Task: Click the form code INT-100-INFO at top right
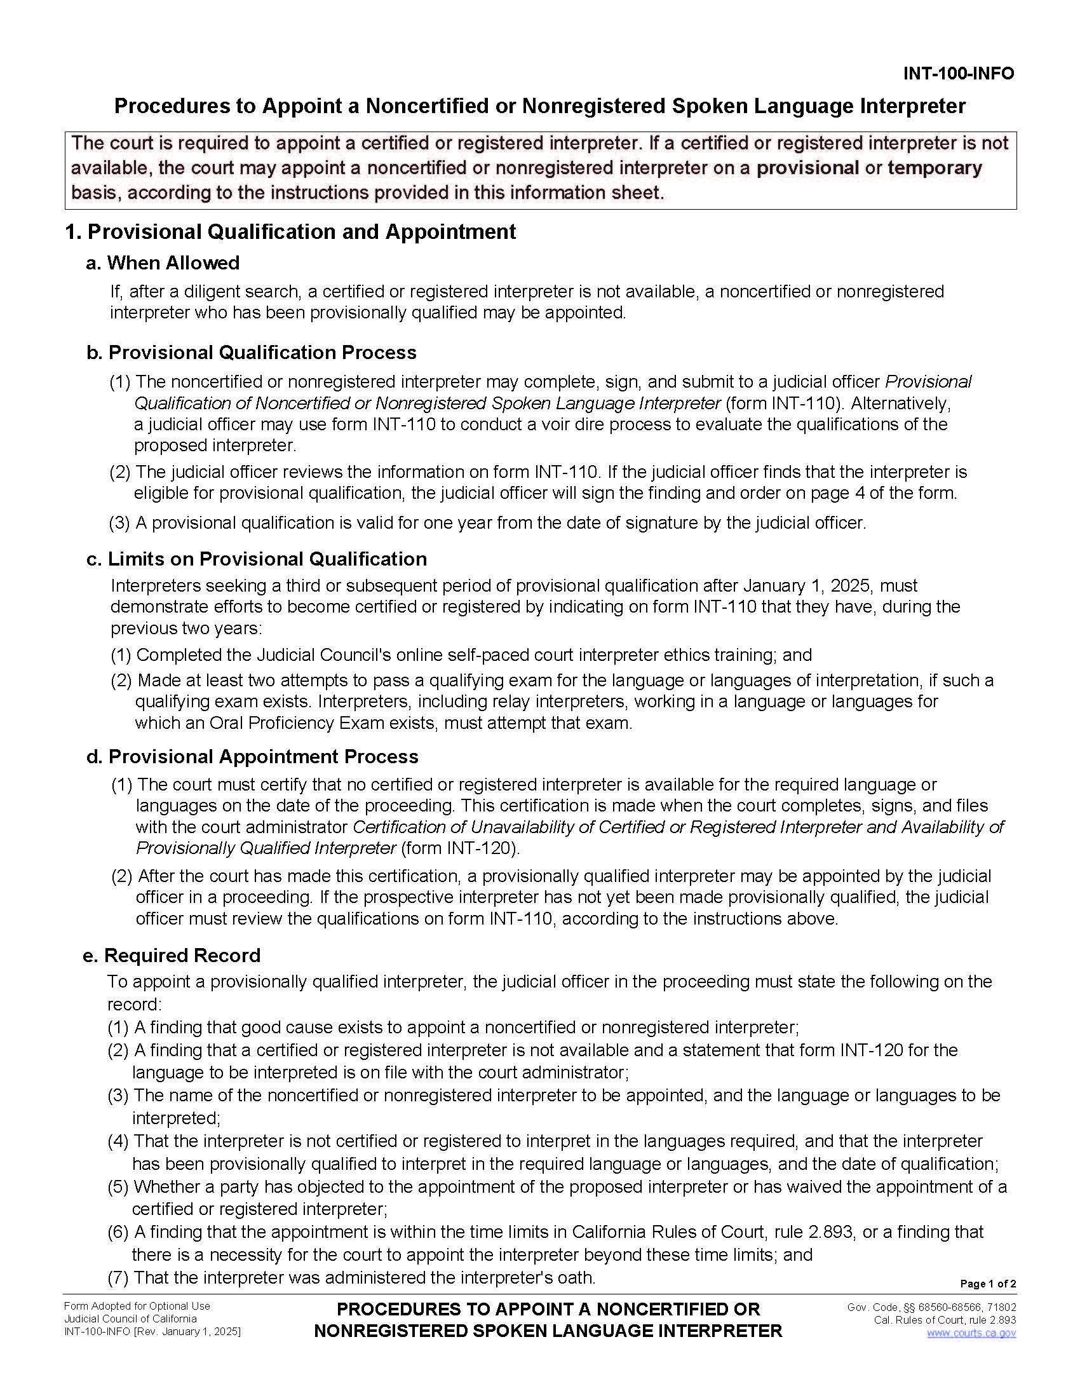coord(958,74)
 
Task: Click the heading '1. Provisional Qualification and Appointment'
coord(290,232)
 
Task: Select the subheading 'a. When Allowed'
coord(163,263)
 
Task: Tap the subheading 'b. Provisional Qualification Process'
coord(251,353)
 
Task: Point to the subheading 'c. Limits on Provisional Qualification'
coord(256,559)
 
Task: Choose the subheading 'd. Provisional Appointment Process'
coord(252,757)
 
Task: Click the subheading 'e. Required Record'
coord(172,955)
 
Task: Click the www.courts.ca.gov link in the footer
coord(971,1333)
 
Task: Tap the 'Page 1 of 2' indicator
coord(987,1284)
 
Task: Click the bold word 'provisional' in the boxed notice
coord(807,168)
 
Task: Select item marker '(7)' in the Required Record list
coord(118,1278)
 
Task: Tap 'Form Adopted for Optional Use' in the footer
coord(137,1306)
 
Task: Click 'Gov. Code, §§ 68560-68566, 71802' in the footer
coord(931,1307)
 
